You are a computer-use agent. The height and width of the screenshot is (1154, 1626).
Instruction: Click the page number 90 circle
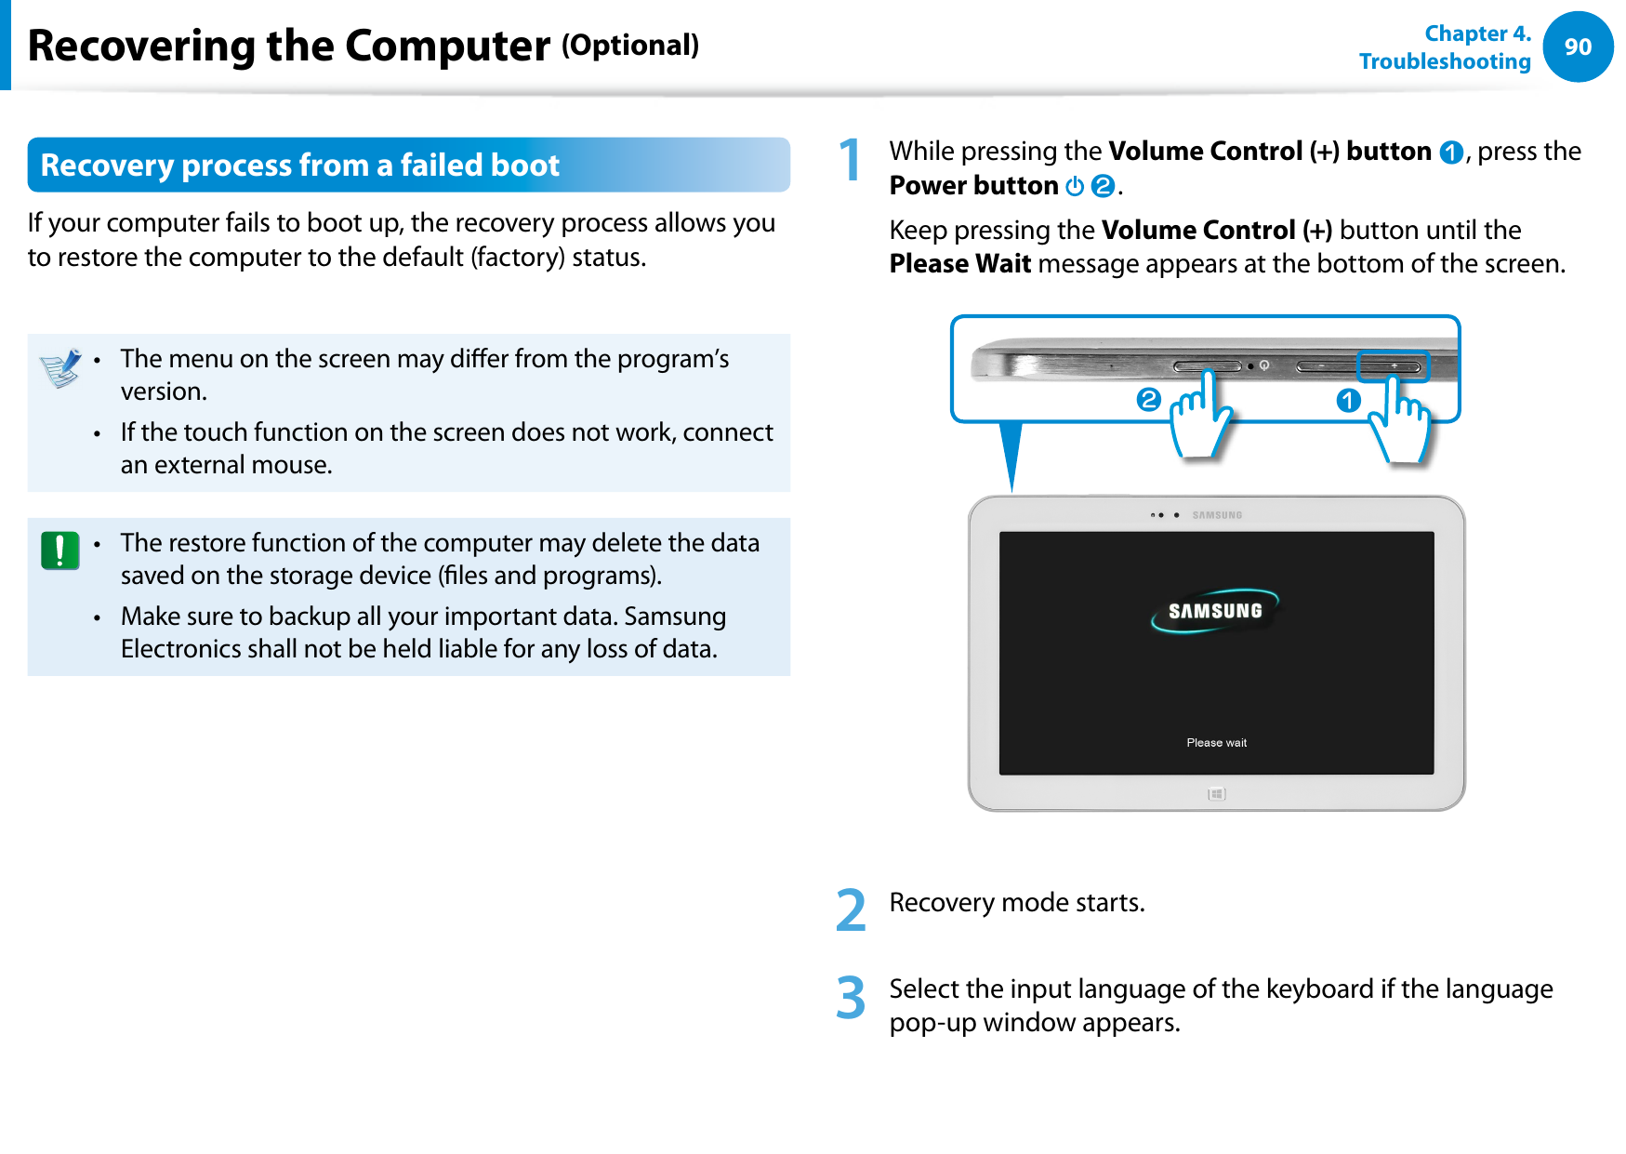[1578, 46]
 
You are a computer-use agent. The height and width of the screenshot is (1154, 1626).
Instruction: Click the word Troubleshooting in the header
[1445, 61]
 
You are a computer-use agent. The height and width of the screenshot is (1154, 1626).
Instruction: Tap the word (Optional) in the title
[630, 45]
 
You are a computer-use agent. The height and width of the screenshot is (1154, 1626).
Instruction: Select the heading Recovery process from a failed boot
[300, 166]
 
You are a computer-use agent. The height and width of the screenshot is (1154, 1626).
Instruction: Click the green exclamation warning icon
[60, 550]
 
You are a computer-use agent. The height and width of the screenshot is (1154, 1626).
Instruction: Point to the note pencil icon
[61, 368]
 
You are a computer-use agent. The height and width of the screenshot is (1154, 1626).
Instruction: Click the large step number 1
[850, 160]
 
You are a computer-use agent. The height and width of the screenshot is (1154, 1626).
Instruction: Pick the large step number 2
[851, 910]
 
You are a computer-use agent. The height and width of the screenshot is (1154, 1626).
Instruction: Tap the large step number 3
[851, 998]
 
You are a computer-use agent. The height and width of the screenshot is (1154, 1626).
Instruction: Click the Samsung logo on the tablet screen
[1215, 611]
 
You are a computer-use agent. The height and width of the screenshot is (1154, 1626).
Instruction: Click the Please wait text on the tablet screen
[1216, 743]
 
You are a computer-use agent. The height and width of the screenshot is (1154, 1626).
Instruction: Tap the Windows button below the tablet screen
[1217, 794]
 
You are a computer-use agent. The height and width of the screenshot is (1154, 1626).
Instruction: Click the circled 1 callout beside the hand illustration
[1348, 401]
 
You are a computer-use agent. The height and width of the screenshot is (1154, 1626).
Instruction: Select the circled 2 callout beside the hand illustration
[1149, 400]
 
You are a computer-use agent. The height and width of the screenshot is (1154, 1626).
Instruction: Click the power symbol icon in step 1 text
[1075, 186]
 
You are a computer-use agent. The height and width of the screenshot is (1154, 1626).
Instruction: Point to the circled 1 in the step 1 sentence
[1450, 153]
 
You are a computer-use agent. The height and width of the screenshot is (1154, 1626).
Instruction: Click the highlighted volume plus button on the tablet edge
[1393, 366]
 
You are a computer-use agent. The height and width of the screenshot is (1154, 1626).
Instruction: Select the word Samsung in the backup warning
[675, 617]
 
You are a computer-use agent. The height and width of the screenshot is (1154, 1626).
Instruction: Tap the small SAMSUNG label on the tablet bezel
[1217, 515]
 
